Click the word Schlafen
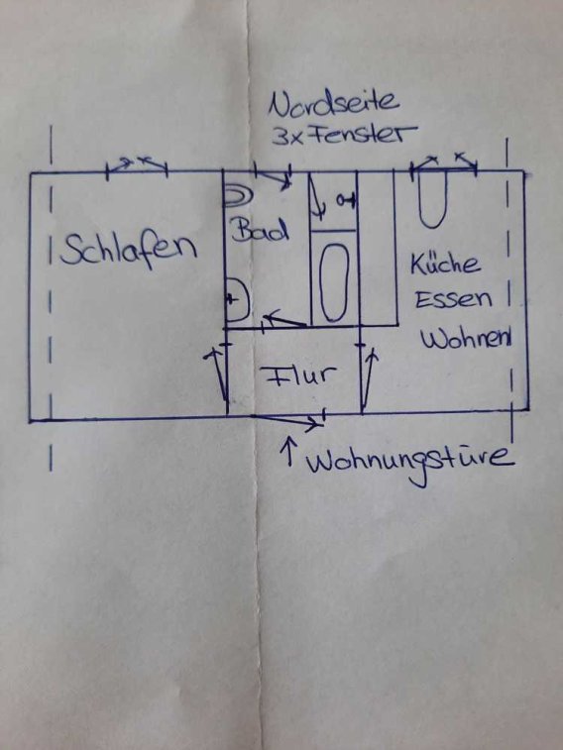point(128,249)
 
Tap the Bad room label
point(260,230)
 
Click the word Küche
point(445,264)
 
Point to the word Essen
point(453,300)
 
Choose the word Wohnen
point(466,339)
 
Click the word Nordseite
point(333,104)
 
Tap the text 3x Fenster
point(344,135)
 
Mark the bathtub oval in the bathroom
point(333,282)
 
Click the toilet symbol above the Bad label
point(238,197)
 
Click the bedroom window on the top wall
point(137,167)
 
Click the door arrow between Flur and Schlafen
point(218,375)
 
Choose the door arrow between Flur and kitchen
point(369,377)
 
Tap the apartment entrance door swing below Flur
point(286,419)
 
